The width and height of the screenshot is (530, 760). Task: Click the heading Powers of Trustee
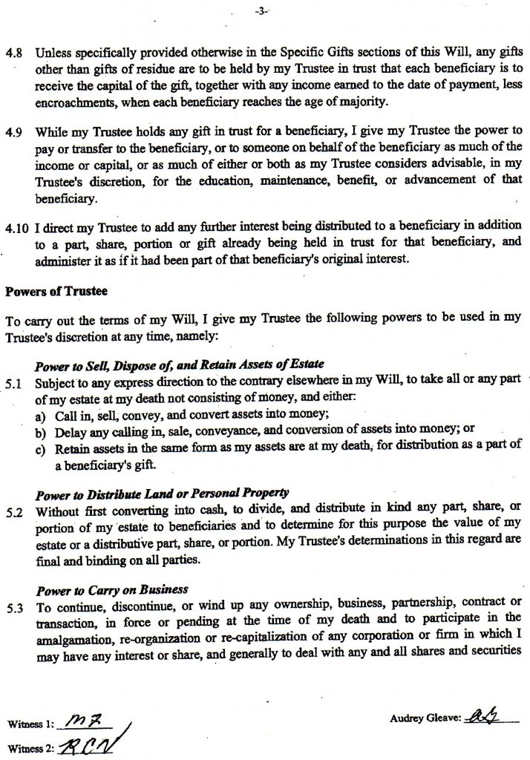(x=47, y=290)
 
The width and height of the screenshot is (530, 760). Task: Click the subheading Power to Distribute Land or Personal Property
(x=163, y=494)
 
